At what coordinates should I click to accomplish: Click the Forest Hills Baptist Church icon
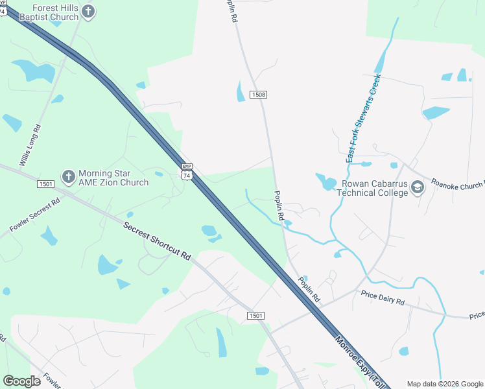click(89, 11)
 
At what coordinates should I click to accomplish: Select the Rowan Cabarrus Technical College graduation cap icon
click(417, 187)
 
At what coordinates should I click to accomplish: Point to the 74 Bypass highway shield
click(187, 172)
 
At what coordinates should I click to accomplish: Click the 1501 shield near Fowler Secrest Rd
click(45, 184)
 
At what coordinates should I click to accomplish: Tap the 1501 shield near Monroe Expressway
click(256, 316)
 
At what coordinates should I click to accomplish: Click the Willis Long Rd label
click(30, 146)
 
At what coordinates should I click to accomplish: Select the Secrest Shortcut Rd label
click(158, 241)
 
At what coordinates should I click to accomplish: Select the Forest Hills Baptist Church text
click(49, 12)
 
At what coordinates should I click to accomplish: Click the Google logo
click(21, 381)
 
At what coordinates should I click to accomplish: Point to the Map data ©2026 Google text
click(445, 383)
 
